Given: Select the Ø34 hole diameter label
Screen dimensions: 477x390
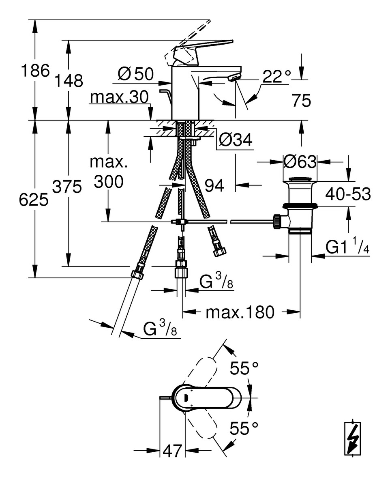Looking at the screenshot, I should click(236, 140).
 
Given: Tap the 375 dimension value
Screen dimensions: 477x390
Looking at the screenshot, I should click(67, 187).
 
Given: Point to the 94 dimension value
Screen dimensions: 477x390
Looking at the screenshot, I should click(214, 186).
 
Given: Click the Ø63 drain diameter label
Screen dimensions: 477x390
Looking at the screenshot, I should click(300, 162).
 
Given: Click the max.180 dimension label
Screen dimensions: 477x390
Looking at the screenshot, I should click(240, 312).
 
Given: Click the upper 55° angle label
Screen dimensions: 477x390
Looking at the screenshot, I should click(244, 368).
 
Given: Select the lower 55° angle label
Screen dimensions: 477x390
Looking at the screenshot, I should click(244, 428).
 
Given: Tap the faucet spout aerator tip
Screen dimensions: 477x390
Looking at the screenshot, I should click(235, 78).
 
